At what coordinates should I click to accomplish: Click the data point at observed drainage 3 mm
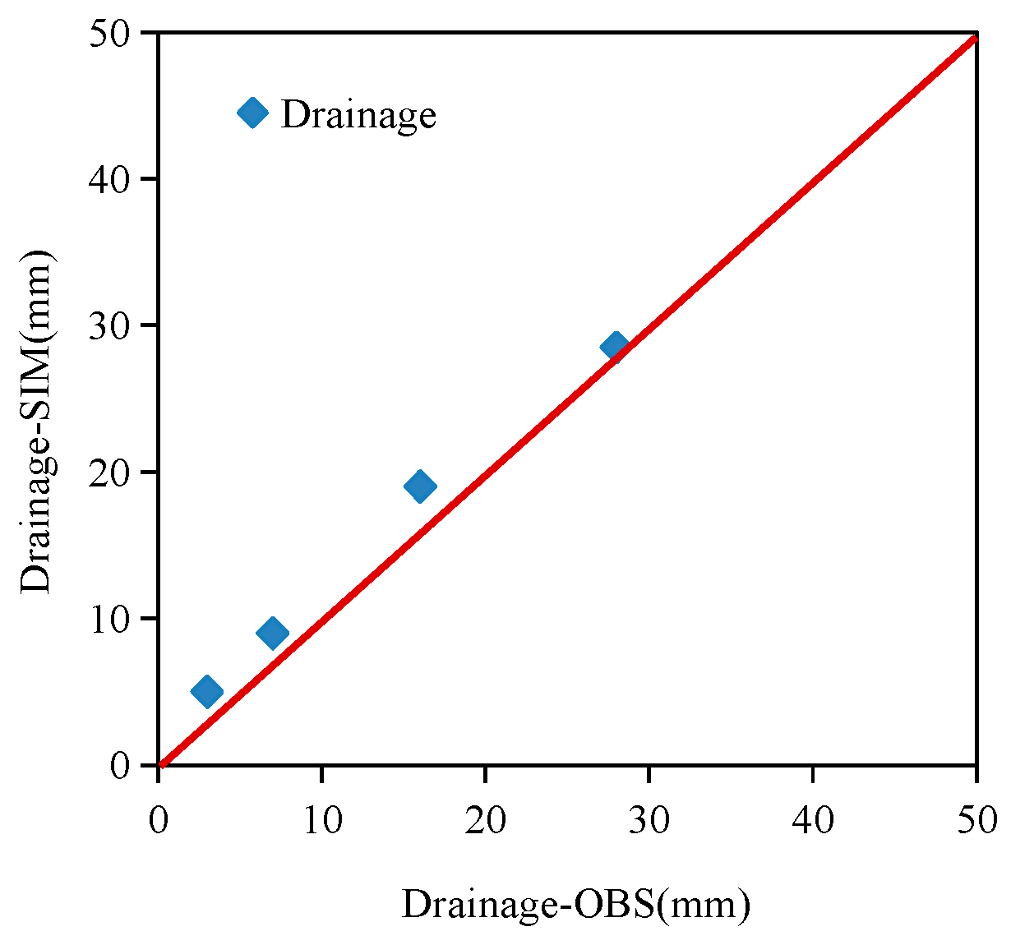pyautogui.click(x=207, y=692)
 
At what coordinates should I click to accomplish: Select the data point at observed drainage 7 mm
pyautogui.click(x=272, y=633)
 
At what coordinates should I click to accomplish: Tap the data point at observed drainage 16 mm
pyautogui.click(x=420, y=486)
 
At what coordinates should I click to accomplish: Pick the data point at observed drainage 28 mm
pyautogui.click(x=615, y=347)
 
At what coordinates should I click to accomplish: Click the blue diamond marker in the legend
pyautogui.click(x=252, y=112)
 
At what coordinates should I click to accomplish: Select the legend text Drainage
pyautogui.click(x=358, y=114)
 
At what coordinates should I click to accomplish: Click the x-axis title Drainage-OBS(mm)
pyautogui.click(x=575, y=904)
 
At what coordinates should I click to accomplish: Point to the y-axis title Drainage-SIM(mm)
pyautogui.click(x=36, y=421)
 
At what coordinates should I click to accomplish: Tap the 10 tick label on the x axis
pyautogui.click(x=322, y=820)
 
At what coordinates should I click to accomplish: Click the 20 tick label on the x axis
pyautogui.click(x=486, y=820)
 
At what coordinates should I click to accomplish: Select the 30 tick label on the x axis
pyautogui.click(x=649, y=820)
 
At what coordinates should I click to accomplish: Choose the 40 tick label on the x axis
pyautogui.click(x=813, y=820)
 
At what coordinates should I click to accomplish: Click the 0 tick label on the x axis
pyautogui.click(x=159, y=820)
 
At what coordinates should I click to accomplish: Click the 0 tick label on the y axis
pyautogui.click(x=122, y=766)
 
